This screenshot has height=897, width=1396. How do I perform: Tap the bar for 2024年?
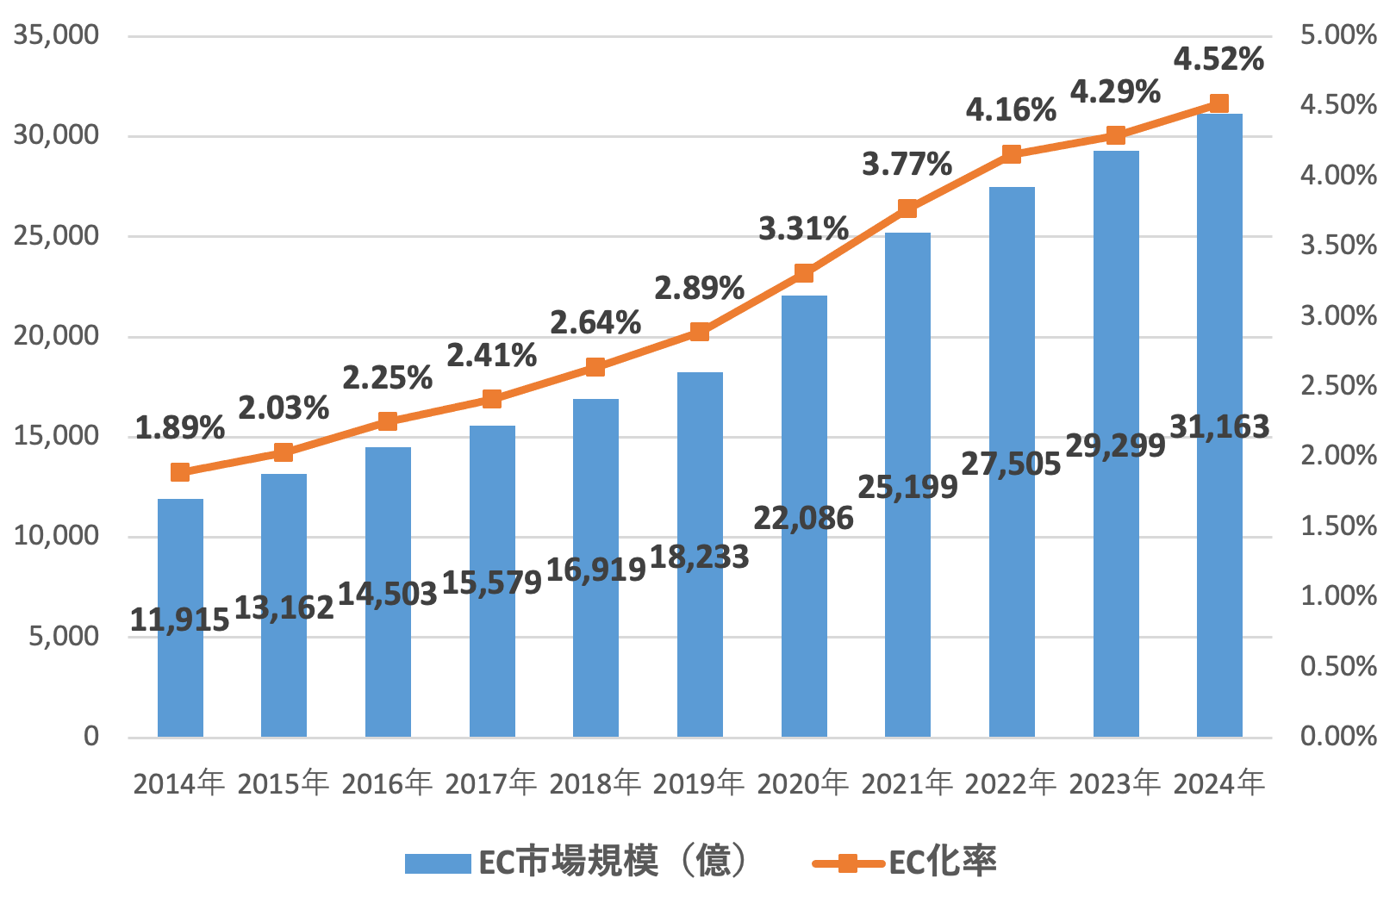[x=1219, y=560]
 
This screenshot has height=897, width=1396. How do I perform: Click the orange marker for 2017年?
[x=492, y=399]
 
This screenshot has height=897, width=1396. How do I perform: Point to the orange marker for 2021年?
[x=907, y=209]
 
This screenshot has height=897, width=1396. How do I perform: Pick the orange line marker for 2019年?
[x=700, y=332]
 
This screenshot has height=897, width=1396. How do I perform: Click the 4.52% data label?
[x=1218, y=59]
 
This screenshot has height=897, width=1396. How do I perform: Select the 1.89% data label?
[x=180, y=427]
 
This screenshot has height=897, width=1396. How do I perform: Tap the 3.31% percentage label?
[x=803, y=229]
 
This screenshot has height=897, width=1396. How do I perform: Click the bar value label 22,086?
[x=803, y=519]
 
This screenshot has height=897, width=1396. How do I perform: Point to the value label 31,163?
[x=1219, y=427]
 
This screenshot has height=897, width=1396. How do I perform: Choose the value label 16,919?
[x=595, y=570]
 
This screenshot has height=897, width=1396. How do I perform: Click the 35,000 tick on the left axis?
[x=56, y=35]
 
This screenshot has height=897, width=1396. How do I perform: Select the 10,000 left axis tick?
[x=56, y=536]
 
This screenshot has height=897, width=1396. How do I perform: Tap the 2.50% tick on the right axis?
[x=1338, y=385]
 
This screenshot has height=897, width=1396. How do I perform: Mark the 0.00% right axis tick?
[x=1338, y=736]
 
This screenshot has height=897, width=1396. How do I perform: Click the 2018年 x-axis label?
[x=595, y=783]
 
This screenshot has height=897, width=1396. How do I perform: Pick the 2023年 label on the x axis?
[x=1115, y=783]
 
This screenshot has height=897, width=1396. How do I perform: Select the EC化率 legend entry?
[x=905, y=862]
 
